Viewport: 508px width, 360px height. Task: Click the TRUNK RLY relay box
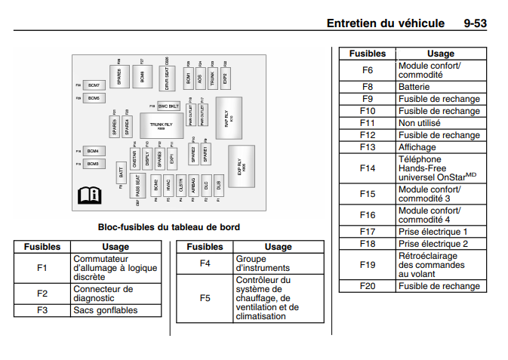[x=161, y=125]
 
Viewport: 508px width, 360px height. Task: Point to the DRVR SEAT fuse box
[x=166, y=78]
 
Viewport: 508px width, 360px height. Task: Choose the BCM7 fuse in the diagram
[x=94, y=86]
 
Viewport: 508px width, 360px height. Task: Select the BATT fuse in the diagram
[x=122, y=173]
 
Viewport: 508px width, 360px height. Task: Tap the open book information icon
[x=89, y=195]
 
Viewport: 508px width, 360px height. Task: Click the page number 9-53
[x=475, y=23]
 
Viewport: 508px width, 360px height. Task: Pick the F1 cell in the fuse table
[x=42, y=267]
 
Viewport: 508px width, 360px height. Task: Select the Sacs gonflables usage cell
[x=115, y=310]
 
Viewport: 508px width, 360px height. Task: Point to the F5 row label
[x=205, y=298]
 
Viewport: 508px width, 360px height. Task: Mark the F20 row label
[x=368, y=286]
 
